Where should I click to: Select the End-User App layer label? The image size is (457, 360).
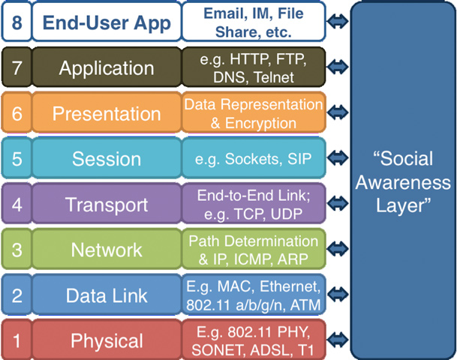point(106,23)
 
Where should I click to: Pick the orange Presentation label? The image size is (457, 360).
point(106,113)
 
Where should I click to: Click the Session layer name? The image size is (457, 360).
point(106,158)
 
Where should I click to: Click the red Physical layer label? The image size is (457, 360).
point(106,340)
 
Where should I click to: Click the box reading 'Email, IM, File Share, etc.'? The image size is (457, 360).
point(254,22)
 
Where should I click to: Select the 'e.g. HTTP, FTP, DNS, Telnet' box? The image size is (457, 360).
point(254,68)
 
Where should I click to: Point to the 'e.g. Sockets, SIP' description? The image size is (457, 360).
point(254,158)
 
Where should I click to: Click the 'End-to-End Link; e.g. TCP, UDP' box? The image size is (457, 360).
point(254,204)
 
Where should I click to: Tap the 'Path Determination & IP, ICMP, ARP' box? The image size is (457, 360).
point(254,250)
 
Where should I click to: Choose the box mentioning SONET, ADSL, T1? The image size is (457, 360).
point(254,340)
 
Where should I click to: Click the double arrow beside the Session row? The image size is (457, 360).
point(339,158)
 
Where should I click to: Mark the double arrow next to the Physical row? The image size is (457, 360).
point(339,340)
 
